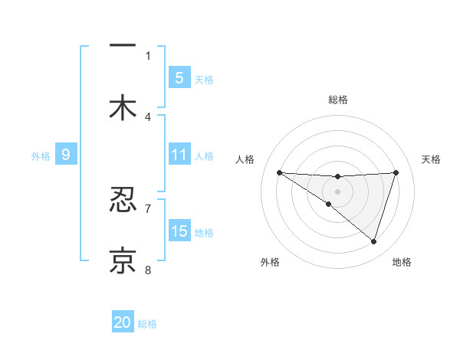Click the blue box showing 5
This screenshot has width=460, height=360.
coord(179,77)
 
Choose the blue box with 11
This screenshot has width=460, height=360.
coord(179,155)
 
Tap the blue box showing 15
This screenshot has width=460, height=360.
coord(179,231)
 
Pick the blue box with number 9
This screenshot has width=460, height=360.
coord(66,155)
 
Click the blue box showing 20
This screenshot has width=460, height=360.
coord(123,322)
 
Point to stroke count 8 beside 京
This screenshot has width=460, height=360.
coord(148,270)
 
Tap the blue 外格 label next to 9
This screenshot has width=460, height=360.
coord(41,155)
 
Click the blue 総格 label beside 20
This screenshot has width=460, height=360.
coord(147,323)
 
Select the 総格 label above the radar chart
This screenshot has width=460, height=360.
coord(337,100)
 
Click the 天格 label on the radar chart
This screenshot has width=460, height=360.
coord(431,159)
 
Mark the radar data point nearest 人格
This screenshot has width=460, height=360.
coord(279,172)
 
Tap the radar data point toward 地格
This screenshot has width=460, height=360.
coord(373,241)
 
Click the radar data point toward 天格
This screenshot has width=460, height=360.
coord(396,172)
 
